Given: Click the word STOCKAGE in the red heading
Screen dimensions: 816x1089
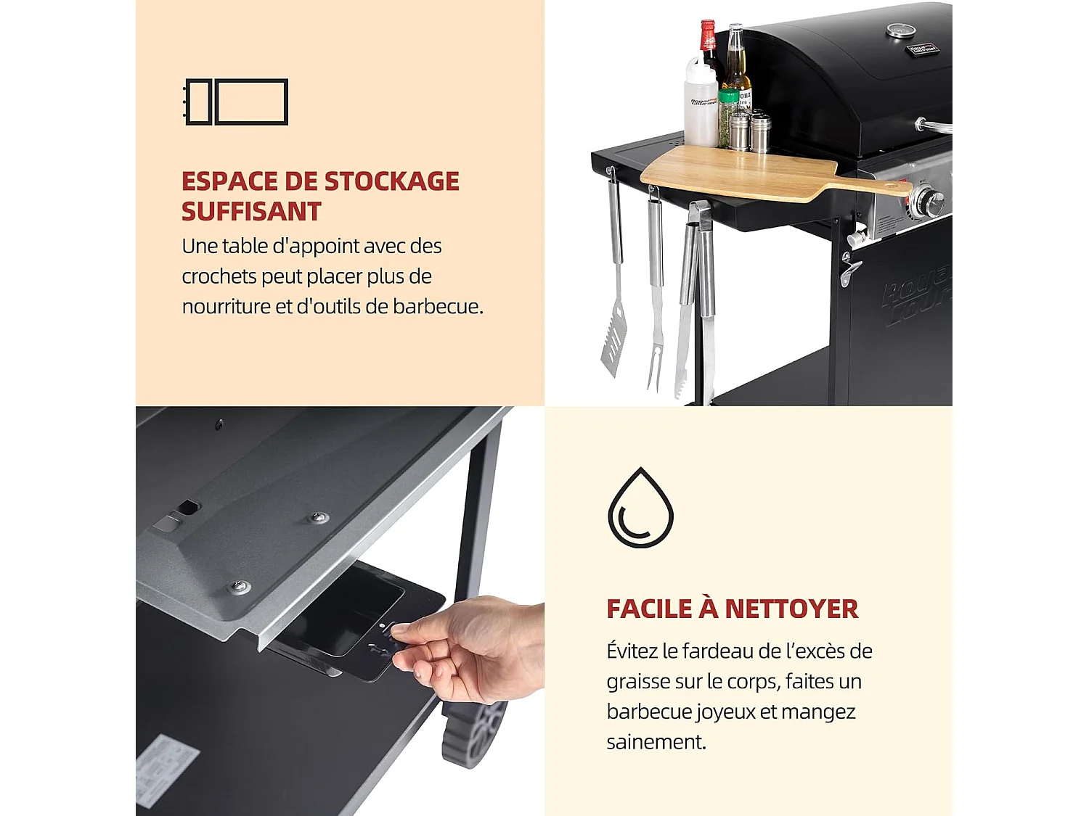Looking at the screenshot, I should click(x=391, y=181).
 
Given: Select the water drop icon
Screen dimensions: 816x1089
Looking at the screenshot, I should click(x=640, y=508).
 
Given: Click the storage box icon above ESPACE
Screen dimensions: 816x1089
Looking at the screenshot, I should click(x=237, y=102).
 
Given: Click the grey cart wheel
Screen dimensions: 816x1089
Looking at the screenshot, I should click(x=476, y=733).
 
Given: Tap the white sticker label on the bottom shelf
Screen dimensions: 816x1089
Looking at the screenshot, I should click(x=167, y=769).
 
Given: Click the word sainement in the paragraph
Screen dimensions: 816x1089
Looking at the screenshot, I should click(x=656, y=742).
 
